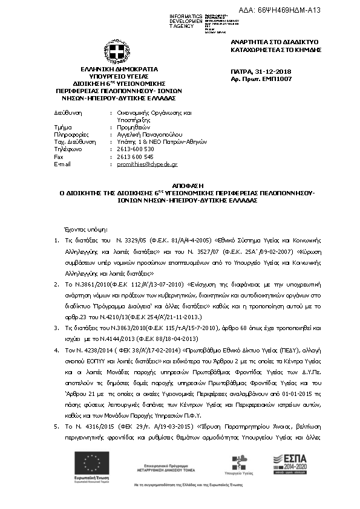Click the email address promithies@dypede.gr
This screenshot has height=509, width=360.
coord(147,164)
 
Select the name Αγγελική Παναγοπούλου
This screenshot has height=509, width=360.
coord(149,134)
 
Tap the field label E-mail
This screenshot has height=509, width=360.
coord(63,164)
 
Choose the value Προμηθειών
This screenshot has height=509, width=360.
coord(131,127)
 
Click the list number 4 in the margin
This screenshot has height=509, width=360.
coord(57,350)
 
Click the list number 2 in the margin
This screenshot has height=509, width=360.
coord(57,284)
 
